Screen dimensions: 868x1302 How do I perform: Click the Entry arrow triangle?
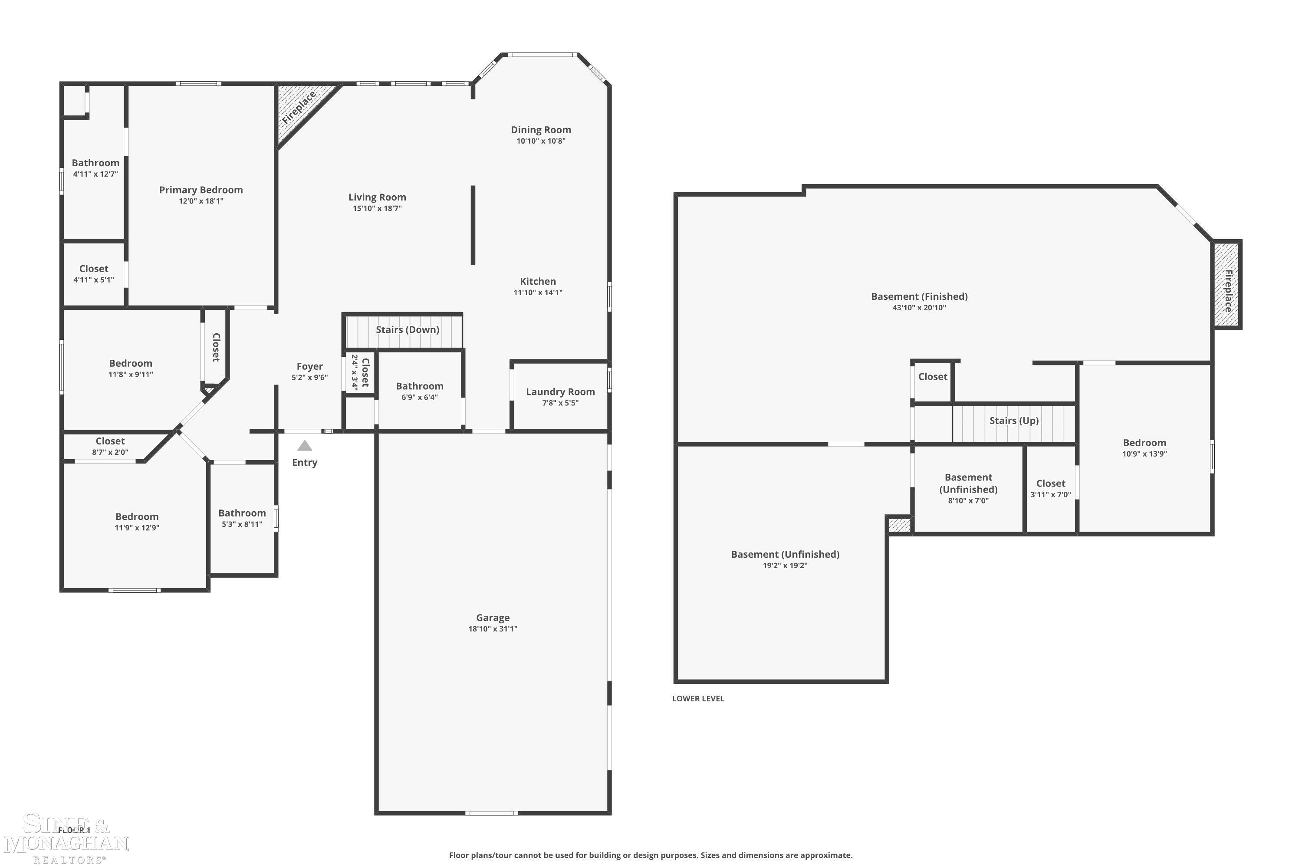[x=305, y=446]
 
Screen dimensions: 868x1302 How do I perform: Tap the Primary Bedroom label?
[x=201, y=190]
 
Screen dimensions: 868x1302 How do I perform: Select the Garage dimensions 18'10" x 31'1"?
[x=493, y=629]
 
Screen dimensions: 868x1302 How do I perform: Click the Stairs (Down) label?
[x=408, y=330]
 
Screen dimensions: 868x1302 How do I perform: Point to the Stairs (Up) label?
[x=1013, y=421]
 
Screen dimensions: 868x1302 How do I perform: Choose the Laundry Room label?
[x=560, y=392]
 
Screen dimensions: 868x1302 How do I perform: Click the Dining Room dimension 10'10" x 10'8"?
[x=541, y=141]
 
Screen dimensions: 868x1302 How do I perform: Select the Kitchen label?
[x=538, y=281]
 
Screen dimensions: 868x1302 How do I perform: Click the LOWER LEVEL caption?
[x=697, y=699]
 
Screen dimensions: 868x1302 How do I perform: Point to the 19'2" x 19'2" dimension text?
[x=785, y=566]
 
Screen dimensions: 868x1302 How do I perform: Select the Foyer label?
[x=309, y=366]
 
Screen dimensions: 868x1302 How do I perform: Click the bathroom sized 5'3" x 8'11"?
[x=242, y=518]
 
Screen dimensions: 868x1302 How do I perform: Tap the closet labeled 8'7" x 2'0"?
[x=110, y=446]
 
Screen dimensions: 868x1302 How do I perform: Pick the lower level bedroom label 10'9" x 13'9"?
[x=1144, y=448]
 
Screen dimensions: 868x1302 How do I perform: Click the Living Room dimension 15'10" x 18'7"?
[x=377, y=209]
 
